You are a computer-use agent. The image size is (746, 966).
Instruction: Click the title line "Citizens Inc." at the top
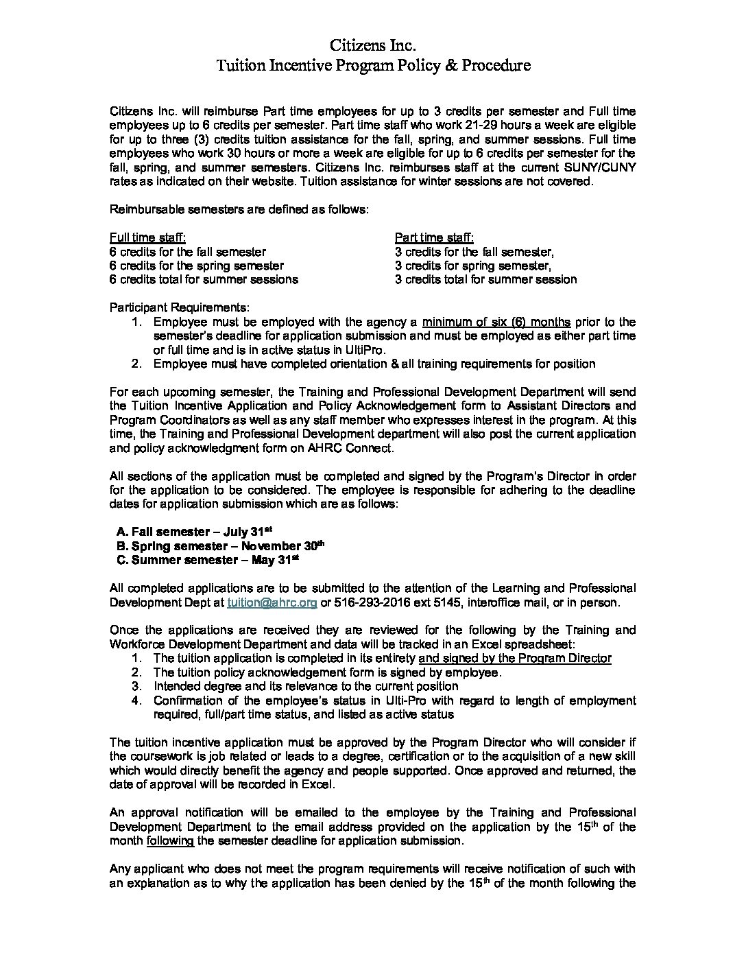pyautogui.click(x=373, y=46)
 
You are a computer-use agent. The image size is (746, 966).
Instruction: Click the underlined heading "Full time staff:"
pyautogui.click(x=147, y=237)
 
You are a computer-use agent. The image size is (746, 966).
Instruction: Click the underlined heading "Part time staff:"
pyautogui.click(x=434, y=237)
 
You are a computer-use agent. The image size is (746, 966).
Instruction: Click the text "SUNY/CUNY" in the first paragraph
pyautogui.click(x=605, y=167)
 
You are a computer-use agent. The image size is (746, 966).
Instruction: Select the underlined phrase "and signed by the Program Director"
pyautogui.click(x=514, y=658)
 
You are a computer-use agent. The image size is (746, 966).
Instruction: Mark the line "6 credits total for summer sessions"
pyautogui.click(x=204, y=279)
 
